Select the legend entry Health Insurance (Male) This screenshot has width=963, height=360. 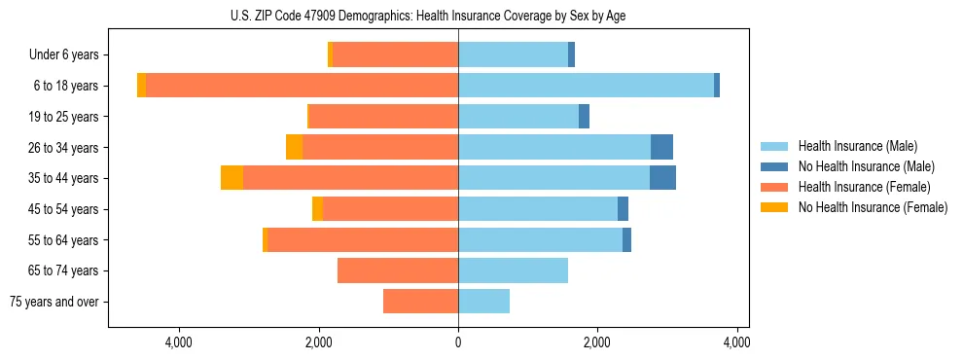coord(857,146)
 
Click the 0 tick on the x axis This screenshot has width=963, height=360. coord(458,342)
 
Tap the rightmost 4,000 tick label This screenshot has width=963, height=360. coord(736,342)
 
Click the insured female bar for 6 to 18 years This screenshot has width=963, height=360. coord(302,86)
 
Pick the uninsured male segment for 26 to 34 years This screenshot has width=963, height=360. coord(661,147)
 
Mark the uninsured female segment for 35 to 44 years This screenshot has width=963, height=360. coord(232,178)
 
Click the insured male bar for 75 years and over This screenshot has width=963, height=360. coord(483,302)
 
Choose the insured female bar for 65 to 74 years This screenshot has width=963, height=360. coord(398,270)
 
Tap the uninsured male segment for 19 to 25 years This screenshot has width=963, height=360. coord(584,117)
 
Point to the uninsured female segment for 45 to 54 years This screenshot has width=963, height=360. coord(317,209)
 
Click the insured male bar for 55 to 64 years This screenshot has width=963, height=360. coord(540,239)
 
